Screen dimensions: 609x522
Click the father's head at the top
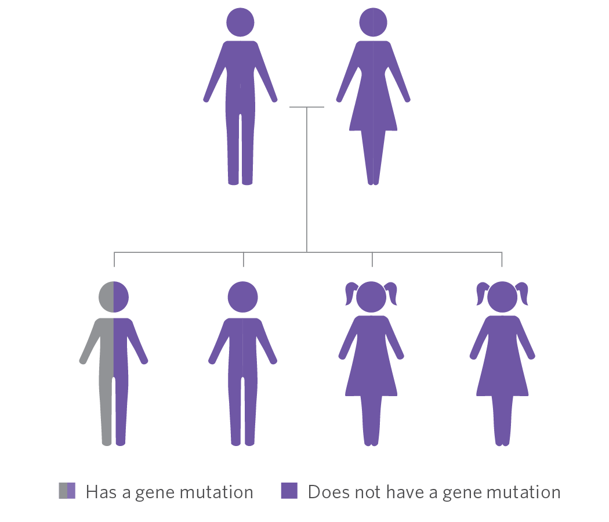pyautogui.click(x=240, y=22)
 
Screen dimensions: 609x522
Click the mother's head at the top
pyautogui.click(x=373, y=22)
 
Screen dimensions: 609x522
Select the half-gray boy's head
pyautogui.click(x=114, y=297)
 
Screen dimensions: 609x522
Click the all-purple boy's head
pyautogui.click(x=243, y=297)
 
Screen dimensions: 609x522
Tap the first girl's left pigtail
pyautogui.click(x=351, y=293)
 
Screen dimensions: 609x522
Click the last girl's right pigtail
pyautogui.click(x=522, y=293)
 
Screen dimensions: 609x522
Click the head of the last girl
pyautogui.click(x=502, y=297)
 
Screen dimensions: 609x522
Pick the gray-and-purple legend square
pyautogui.click(x=67, y=491)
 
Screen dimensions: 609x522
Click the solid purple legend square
pyautogui.click(x=289, y=491)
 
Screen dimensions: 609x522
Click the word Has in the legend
pyautogui.click(x=101, y=492)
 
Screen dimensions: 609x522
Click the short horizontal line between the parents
pyautogui.click(x=307, y=107)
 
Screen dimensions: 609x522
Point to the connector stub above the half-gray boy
pyautogui.click(x=114, y=259)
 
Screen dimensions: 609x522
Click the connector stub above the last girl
pyautogui.click(x=502, y=259)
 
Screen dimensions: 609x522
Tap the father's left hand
pyautogui.click(x=206, y=99)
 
